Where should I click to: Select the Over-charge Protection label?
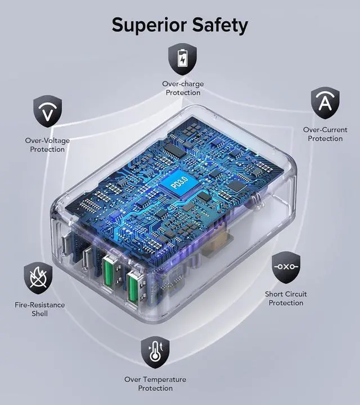pos(183,88)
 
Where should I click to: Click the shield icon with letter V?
pos(47,111)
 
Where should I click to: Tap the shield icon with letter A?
pos(325,102)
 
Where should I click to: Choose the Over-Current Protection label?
pos(325,134)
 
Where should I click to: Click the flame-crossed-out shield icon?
pos(38,278)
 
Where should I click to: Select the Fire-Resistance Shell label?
pos(39,309)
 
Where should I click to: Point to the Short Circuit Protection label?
pos(286,298)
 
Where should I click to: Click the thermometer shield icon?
pos(155,352)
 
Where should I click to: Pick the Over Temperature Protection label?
pos(155,384)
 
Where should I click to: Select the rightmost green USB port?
pos(134,286)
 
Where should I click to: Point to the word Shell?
pos(39,313)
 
